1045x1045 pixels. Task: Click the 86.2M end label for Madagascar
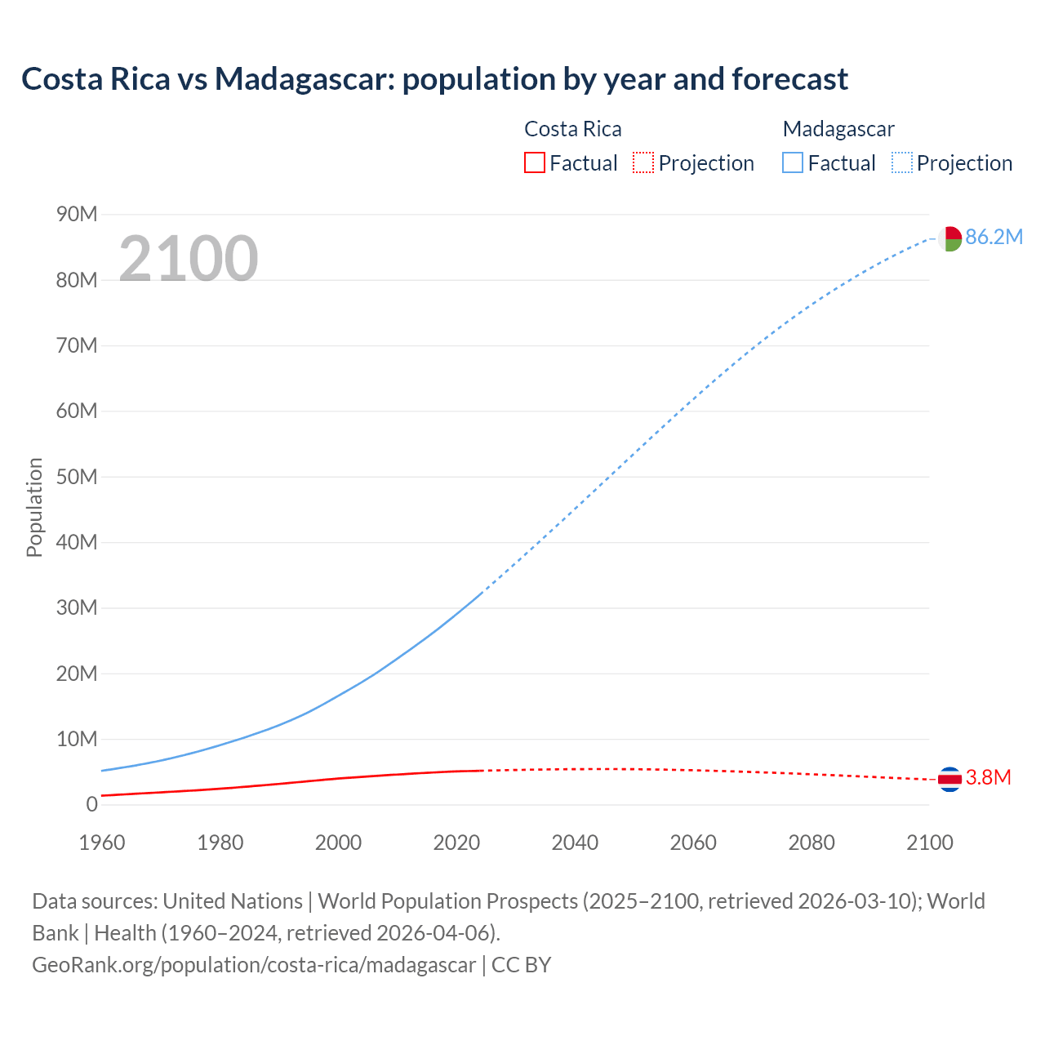coord(994,238)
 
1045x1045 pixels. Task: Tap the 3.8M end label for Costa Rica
coord(988,778)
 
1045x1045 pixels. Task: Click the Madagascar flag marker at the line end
coord(949,239)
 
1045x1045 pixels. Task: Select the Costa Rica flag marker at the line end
coord(949,780)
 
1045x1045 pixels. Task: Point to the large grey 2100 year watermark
coord(189,259)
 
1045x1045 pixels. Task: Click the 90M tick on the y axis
coord(77,215)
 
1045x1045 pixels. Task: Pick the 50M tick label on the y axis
coord(77,477)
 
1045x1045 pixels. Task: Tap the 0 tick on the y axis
coord(91,805)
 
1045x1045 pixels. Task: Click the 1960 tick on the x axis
coord(102,843)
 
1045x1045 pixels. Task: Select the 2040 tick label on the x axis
coord(575,843)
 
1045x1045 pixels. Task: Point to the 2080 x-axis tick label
coord(812,843)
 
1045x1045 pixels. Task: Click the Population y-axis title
coord(34,507)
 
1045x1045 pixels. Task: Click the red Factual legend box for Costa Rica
coord(534,162)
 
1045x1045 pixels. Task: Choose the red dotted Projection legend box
coord(643,162)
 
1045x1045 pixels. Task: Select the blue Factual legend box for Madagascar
coord(792,162)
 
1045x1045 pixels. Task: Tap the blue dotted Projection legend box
coord(902,162)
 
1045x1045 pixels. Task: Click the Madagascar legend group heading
coord(838,129)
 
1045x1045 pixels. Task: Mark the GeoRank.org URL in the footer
coord(253,965)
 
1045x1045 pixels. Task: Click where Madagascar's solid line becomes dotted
coord(482,593)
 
